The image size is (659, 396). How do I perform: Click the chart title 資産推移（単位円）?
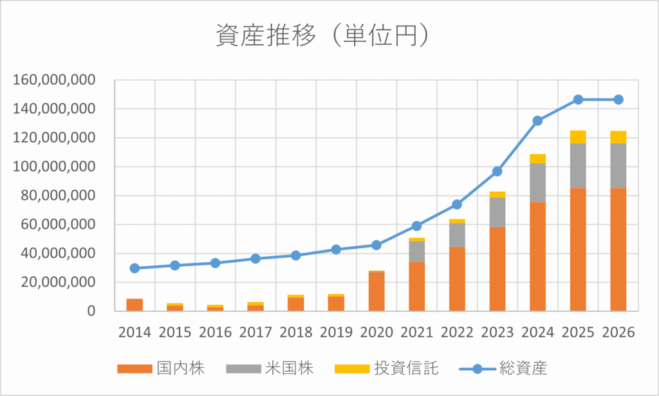point(320,36)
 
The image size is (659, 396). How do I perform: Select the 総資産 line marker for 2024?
point(538,121)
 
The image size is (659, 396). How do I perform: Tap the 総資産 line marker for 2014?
point(135,268)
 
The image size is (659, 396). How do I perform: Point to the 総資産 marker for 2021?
point(416,226)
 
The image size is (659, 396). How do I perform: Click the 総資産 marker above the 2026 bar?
point(618,100)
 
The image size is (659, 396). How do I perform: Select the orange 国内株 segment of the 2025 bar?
point(578,249)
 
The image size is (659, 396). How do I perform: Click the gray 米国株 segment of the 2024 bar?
point(538,183)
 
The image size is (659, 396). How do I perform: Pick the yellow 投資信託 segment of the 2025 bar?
point(578,136)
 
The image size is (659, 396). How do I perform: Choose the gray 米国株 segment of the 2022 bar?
point(457,235)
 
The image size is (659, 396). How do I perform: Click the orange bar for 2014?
point(135,305)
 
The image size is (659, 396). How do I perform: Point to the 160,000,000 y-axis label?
point(54,80)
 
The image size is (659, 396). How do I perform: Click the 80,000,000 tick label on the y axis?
point(59,195)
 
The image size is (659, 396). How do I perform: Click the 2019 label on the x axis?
point(337,332)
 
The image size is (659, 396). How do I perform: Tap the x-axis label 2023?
point(497,332)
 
